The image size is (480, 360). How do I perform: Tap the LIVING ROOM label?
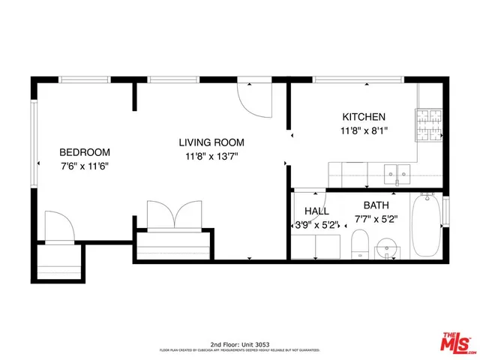click(211, 142)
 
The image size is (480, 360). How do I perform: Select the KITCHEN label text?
click(364, 117)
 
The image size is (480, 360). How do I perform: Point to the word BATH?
click(376, 205)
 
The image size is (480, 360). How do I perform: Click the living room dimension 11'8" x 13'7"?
click(211, 157)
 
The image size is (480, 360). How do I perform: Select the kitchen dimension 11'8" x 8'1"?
click(364, 130)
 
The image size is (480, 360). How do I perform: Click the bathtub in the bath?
click(427, 223)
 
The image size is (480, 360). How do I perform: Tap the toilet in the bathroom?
click(360, 244)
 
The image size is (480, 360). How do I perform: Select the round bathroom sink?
click(387, 246)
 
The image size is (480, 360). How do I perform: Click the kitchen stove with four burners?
click(430, 124)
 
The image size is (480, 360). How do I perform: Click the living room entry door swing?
click(253, 98)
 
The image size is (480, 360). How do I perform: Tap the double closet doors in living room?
click(173, 215)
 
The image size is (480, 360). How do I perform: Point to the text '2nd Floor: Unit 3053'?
click(239, 341)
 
